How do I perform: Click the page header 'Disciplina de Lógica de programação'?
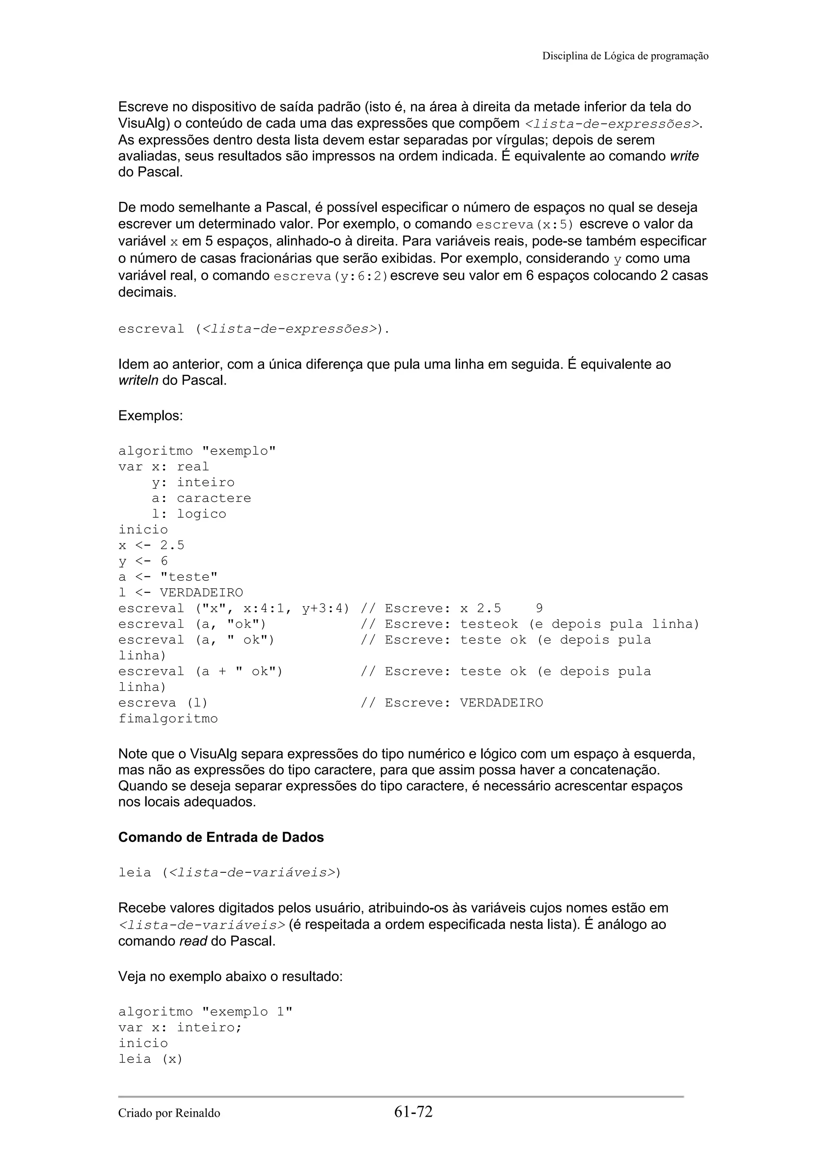[x=625, y=56]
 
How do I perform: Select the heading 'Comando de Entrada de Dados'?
[x=220, y=837]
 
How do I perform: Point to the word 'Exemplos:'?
[x=150, y=416]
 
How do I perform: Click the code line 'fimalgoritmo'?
[x=168, y=718]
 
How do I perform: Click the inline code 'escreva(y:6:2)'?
[x=331, y=276]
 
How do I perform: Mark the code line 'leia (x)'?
[x=150, y=1059]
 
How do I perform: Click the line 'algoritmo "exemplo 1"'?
[x=206, y=1012]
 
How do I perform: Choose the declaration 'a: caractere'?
[x=201, y=498]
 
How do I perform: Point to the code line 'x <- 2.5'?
[x=151, y=545]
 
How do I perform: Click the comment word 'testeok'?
[x=489, y=624]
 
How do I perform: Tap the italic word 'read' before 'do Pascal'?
[x=193, y=941]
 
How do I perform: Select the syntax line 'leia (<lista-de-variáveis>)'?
[x=229, y=872]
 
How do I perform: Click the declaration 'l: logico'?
[x=189, y=514]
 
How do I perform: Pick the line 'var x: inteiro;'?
[x=180, y=1027]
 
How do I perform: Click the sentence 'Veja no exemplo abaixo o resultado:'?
[x=230, y=977]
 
